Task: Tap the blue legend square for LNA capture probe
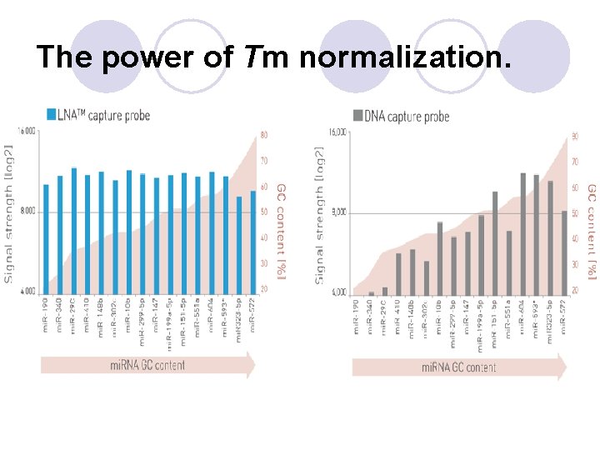pos(52,114)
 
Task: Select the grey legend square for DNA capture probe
pos(358,115)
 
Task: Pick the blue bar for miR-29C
pos(73,230)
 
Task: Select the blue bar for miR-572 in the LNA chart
pos(252,242)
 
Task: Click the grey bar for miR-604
pos(523,233)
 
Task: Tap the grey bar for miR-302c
pos(426,277)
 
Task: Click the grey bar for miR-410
pos(398,272)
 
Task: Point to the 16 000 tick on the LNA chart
pos(27,131)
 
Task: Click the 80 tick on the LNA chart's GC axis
pos(264,134)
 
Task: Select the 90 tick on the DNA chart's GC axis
pos(575,136)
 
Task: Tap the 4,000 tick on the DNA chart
pos(337,292)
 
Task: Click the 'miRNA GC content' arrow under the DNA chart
pos(458,367)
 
